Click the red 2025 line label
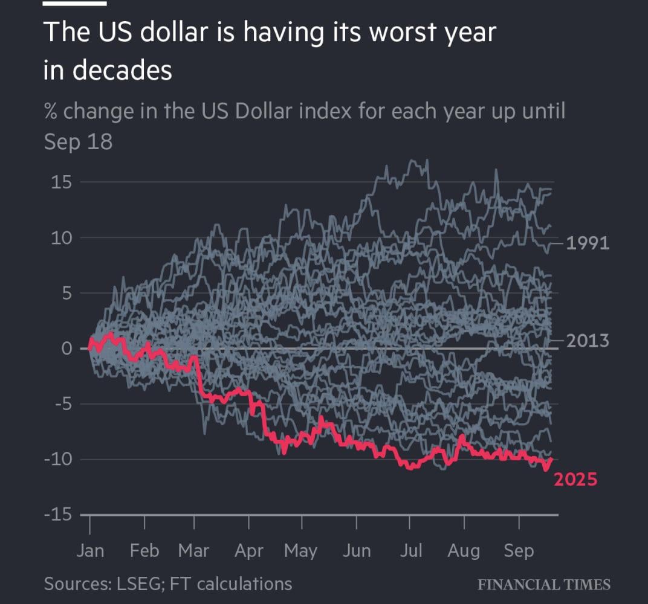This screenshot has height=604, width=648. coord(575,480)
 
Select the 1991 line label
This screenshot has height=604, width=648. coord(588,243)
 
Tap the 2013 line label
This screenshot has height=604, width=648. coord(588,341)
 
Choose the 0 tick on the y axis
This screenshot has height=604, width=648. coord(66,349)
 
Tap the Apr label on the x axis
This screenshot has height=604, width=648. coord(249,551)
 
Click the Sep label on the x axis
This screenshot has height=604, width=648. coord(519,551)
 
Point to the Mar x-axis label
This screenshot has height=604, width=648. coord(193,551)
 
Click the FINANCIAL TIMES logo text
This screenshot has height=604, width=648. coord(544,585)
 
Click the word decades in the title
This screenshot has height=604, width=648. coord(123,71)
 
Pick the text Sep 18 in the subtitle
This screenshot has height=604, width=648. coord(78,142)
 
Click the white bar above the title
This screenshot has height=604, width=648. coord(75,3)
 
